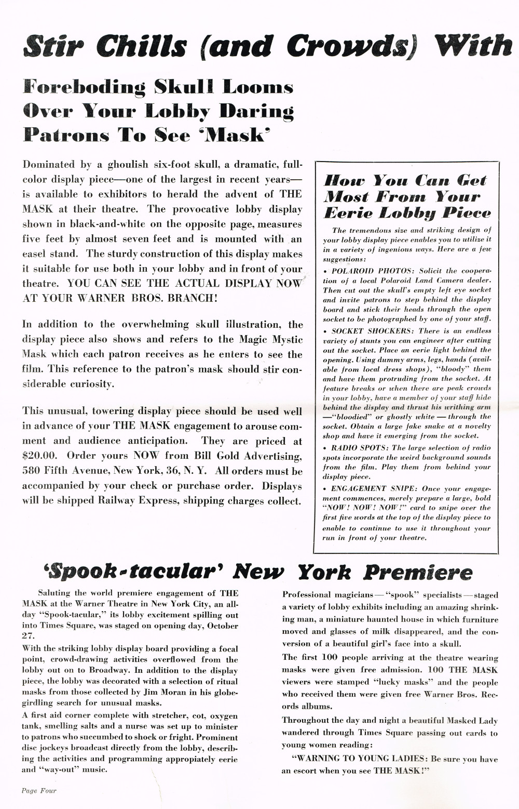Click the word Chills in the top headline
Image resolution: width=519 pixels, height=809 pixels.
[141, 46]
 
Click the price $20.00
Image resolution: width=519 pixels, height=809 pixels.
[40, 456]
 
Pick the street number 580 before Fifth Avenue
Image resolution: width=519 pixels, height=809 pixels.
[32, 471]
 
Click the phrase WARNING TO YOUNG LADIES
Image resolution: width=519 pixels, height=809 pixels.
[360, 759]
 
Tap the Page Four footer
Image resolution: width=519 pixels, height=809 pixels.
[39, 790]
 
